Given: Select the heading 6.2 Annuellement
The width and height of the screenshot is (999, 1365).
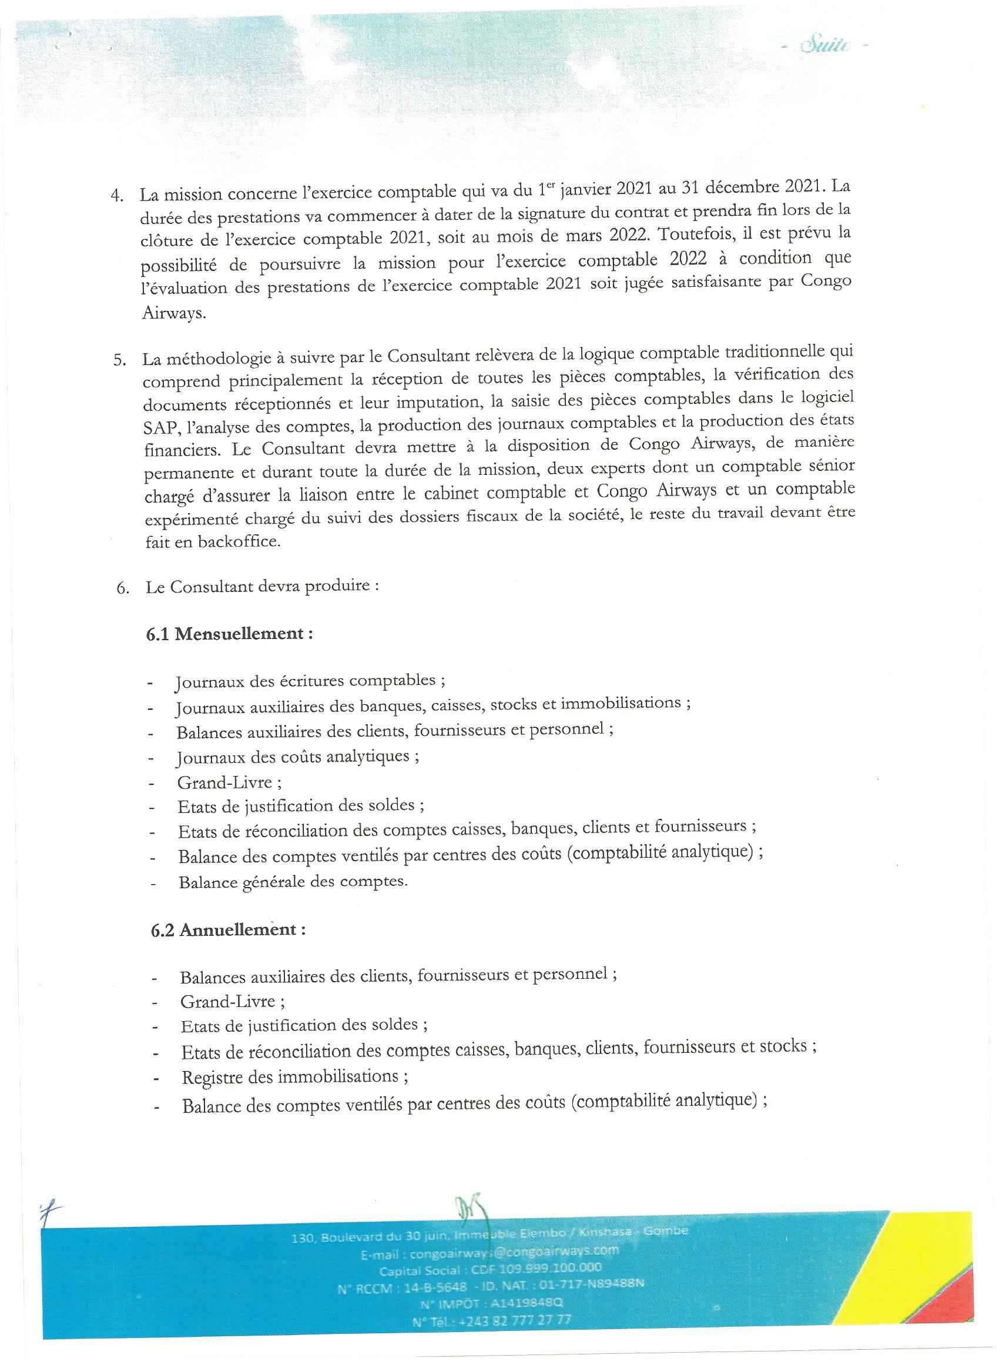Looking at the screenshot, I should click(227, 929).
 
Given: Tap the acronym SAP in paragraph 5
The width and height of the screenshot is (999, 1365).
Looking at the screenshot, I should click(159, 427).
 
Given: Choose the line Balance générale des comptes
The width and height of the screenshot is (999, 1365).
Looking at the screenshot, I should click(293, 882).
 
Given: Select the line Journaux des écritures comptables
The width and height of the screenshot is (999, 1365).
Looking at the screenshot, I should click(310, 681).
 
